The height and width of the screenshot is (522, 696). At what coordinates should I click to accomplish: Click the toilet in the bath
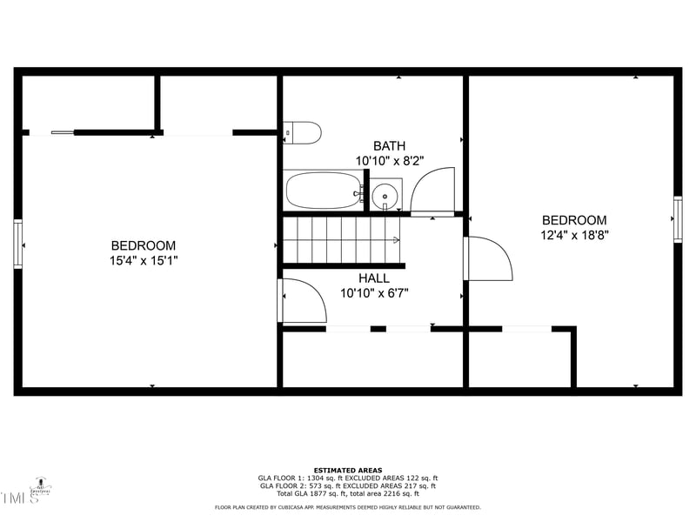303,133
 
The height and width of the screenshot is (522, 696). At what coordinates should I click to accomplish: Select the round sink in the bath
385,195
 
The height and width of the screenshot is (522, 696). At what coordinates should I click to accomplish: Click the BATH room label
389,146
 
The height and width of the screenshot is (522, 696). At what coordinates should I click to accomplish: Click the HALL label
374,278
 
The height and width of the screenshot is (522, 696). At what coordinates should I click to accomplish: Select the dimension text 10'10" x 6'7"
374,293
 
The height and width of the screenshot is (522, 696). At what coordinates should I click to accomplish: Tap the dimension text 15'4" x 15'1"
144,260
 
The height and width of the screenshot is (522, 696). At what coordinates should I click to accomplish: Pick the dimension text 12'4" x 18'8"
574,235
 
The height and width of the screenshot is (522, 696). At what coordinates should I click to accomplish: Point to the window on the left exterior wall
17,244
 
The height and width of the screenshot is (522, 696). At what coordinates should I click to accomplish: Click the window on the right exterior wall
678,219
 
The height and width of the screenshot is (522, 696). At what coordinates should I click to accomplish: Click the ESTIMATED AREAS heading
348,471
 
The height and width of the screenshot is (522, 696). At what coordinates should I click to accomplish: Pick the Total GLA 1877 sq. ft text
300,493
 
